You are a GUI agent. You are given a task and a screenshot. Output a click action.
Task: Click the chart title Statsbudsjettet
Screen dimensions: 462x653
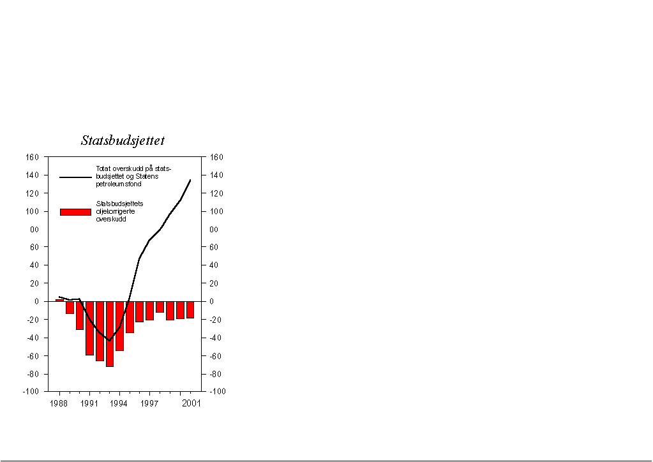pyautogui.click(x=123, y=140)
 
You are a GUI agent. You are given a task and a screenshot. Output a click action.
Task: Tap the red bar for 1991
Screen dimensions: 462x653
pyautogui.click(x=90, y=328)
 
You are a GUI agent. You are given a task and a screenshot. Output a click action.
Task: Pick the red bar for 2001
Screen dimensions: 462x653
pyautogui.click(x=190, y=309)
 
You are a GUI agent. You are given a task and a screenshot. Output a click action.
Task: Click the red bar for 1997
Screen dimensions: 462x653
pyautogui.click(x=149, y=310)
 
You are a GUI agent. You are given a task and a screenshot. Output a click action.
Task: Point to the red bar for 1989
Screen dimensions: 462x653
pyautogui.click(x=70, y=308)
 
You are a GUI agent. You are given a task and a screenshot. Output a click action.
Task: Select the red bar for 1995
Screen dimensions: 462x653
pyautogui.click(x=130, y=317)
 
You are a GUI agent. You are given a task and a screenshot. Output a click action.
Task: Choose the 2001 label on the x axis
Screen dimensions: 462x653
pyautogui.click(x=191, y=403)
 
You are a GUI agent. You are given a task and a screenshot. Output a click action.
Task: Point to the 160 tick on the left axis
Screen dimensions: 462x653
pyautogui.click(x=33, y=157)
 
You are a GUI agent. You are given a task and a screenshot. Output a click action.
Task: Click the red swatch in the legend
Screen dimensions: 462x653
pyautogui.click(x=75, y=212)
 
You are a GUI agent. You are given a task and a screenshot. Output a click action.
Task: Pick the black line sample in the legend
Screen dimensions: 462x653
pyautogui.click(x=75, y=177)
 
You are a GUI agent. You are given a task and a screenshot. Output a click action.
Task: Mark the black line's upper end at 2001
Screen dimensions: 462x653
pyautogui.click(x=190, y=180)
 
